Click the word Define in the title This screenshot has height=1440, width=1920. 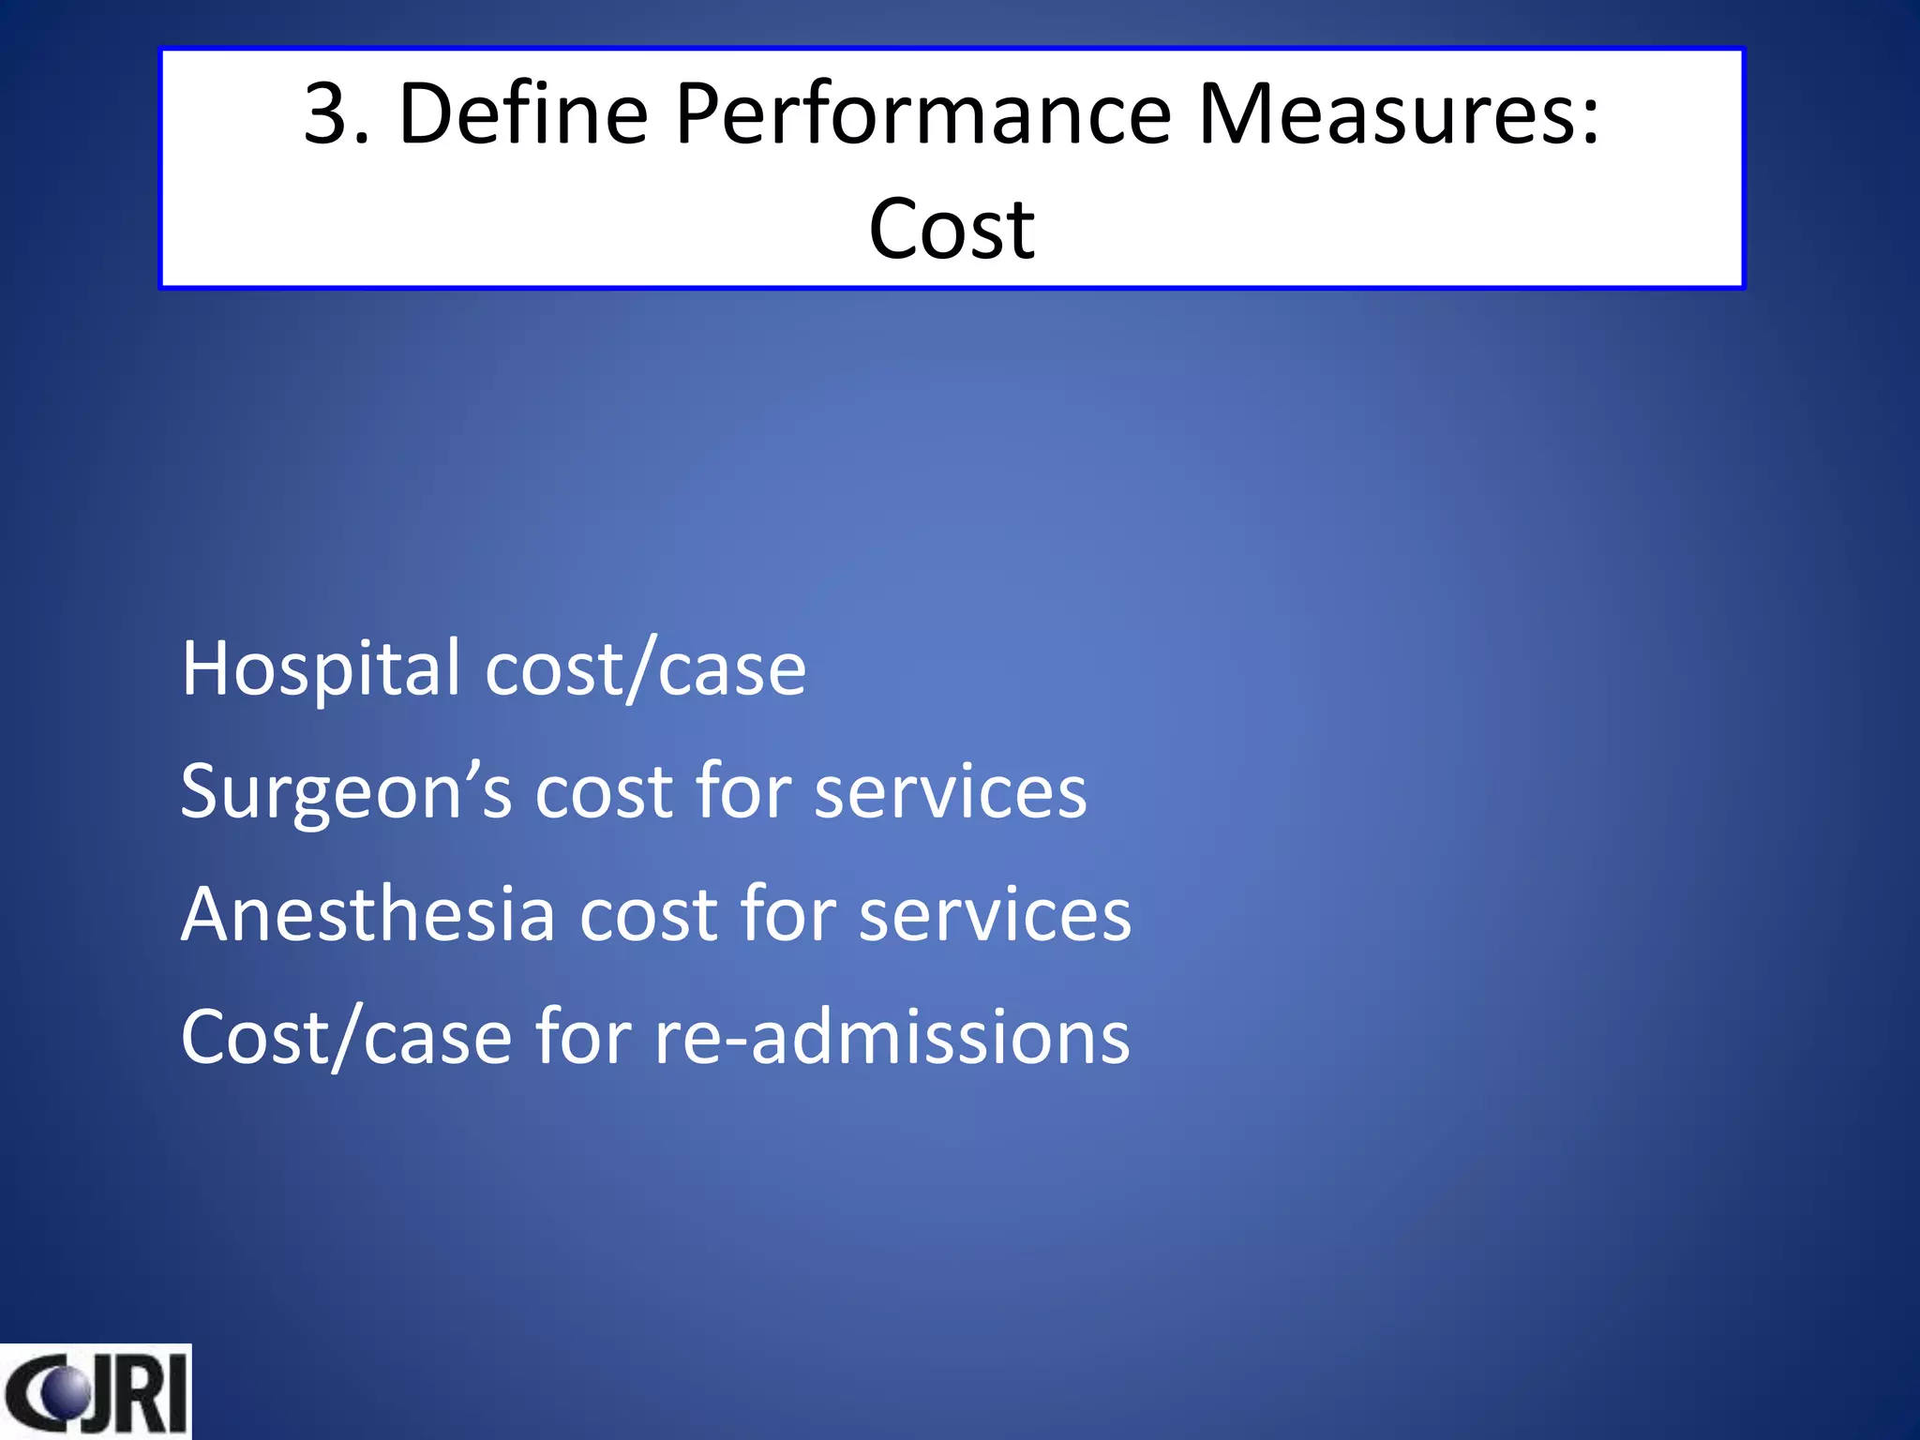[523, 114]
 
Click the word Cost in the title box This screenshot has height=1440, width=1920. [952, 230]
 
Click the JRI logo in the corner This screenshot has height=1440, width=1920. [96, 1392]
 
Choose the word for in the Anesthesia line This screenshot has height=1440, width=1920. [787, 915]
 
